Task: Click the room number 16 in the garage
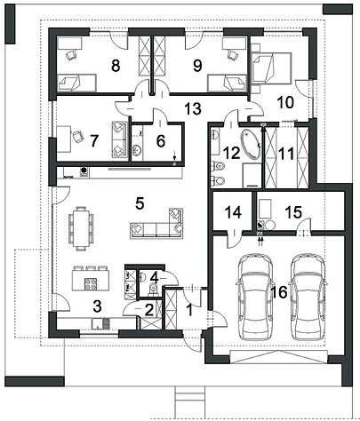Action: coord(279,292)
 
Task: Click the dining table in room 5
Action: coord(81,226)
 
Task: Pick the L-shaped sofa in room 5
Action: coord(157,223)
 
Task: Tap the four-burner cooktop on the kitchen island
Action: coord(91,284)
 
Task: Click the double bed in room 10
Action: coord(270,68)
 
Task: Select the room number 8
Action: coord(116,66)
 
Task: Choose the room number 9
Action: coord(197,66)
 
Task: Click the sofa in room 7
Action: coord(119,139)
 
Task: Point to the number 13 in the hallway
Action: coord(194,108)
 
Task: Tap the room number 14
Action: coord(233,212)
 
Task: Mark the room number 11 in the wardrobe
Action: coord(286,155)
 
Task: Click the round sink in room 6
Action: coord(137,149)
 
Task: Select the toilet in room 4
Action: coord(153,289)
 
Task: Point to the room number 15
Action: coord(293,212)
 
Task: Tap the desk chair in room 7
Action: coord(78,136)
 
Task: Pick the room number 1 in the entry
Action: coord(189,311)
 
